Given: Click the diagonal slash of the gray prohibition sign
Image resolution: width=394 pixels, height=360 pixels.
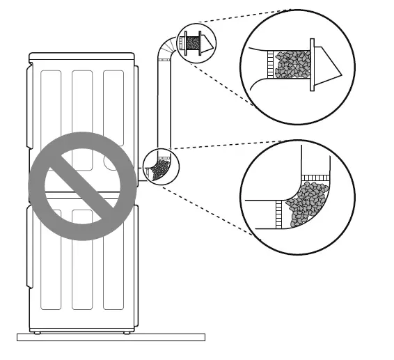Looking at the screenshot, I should pos(82,186).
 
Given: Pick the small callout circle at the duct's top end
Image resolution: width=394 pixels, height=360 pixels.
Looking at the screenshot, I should pos(196,44).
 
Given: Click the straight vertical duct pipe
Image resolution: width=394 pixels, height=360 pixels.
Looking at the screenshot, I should pos(165,104).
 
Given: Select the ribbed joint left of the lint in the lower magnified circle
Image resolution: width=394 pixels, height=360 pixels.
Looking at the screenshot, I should pos(281,213).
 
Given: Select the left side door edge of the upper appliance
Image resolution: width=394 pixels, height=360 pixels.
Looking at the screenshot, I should pos(29,104).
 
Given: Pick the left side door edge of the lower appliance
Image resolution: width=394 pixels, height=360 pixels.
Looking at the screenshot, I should pos(29,251).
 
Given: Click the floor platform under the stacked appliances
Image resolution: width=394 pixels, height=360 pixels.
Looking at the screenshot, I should pos(111,337).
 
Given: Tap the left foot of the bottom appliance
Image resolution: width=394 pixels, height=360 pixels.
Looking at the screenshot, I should pos(37,332).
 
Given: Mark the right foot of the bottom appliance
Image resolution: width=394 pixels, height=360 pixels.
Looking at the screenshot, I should pos(127,332).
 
